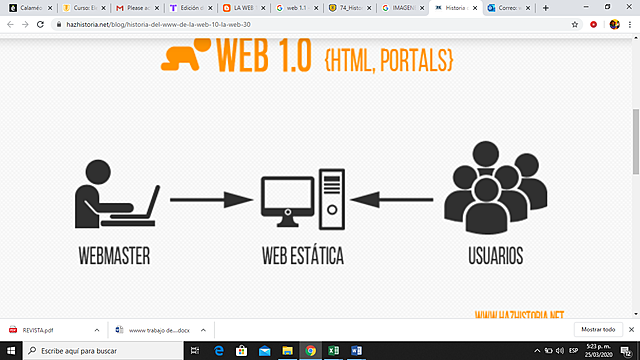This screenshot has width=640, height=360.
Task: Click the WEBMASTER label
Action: coord(113,256)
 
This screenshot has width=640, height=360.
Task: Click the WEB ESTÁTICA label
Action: coord(301,256)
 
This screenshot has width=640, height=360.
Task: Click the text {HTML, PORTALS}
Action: coord(388,60)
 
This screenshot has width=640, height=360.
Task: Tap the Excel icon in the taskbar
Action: coord(333,351)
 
